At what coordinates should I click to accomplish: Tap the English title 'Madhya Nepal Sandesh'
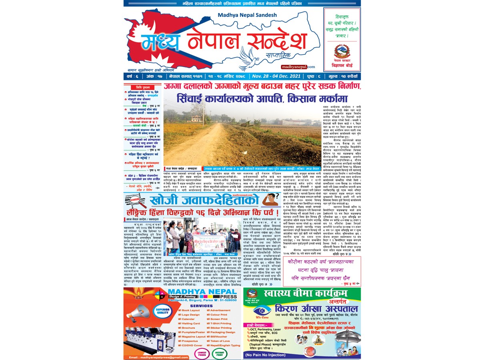click(242, 15)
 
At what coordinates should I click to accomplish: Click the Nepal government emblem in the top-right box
click(341, 52)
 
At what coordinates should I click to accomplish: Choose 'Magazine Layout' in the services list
click(194, 336)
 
